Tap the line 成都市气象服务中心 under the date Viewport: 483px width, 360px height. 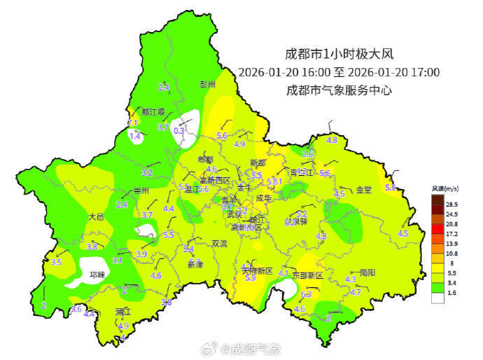339,90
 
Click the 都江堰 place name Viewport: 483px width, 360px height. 153,111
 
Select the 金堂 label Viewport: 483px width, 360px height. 364,190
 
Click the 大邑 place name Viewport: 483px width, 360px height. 96,217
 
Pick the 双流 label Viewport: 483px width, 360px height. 219,244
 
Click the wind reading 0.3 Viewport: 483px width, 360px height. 178,130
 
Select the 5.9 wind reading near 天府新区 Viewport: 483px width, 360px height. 250,278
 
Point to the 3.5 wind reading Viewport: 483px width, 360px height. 57,262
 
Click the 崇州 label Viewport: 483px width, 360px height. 141,191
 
